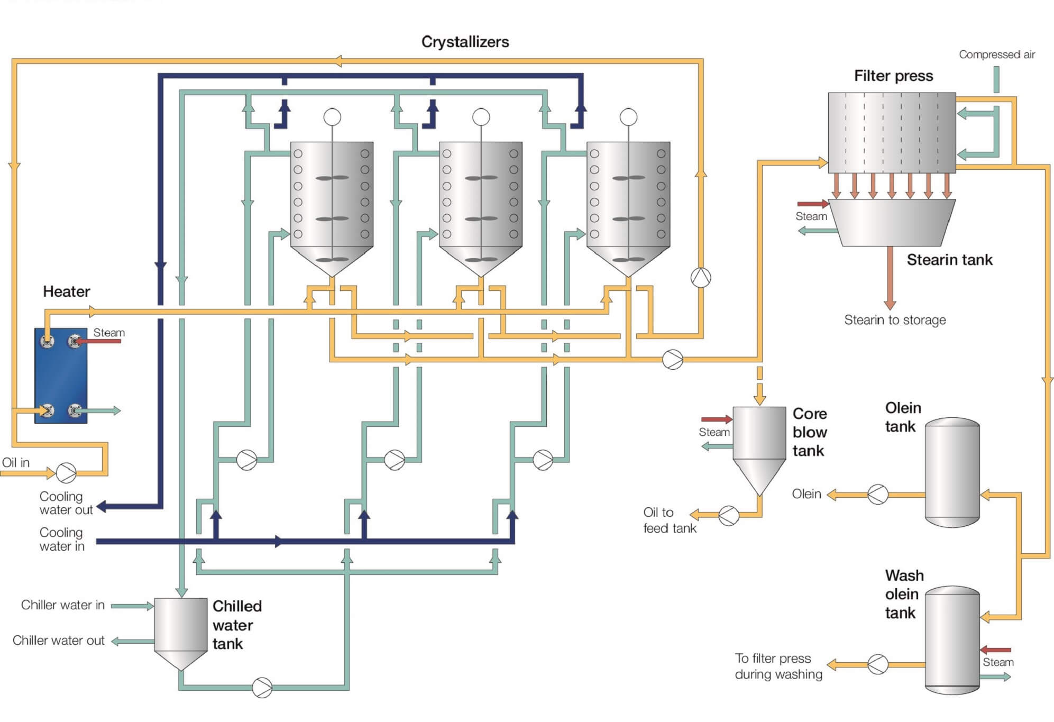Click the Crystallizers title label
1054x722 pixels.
[465, 42]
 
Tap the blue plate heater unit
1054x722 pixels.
[61, 376]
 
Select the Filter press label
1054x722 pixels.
[893, 76]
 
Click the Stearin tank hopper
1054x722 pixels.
[892, 223]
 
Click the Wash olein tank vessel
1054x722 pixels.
[952, 639]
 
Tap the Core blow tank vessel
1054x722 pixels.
[759, 439]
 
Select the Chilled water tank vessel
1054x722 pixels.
[180, 629]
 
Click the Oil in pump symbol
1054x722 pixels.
[66, 472]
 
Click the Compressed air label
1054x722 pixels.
[997, 54]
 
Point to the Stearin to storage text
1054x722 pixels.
[895, 320]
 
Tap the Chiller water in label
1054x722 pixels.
[63, 605]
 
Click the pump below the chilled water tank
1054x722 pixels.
[262, 688]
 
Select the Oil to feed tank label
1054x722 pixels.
[670, 520]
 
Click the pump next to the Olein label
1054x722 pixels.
[878, 495]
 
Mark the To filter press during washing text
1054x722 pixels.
[778, 666]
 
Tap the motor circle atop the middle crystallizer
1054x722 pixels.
[481, 117]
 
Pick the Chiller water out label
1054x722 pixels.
[59, 641]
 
